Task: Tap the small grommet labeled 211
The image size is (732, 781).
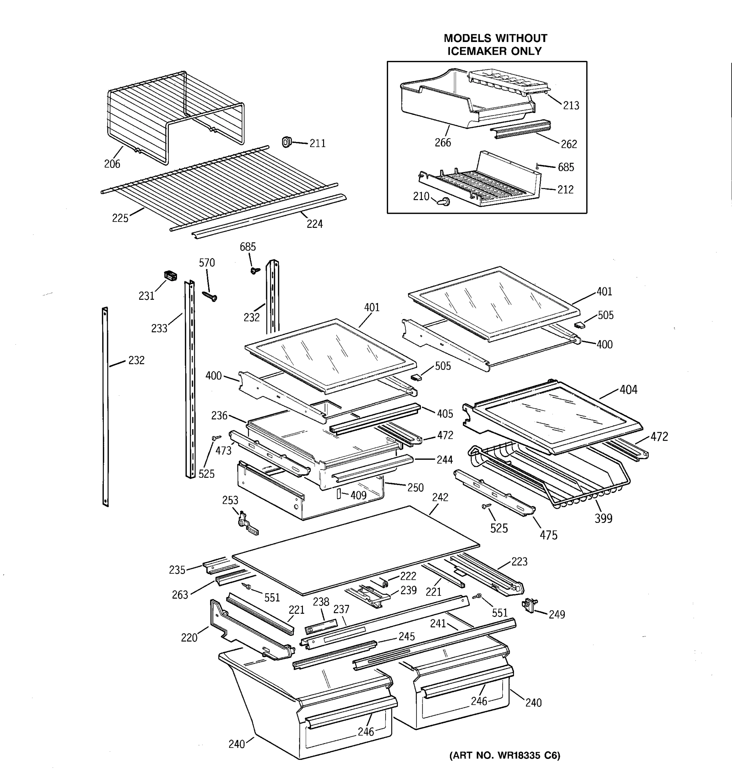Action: tap(287, 142)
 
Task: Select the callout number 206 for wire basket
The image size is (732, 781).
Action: tap(112, 164)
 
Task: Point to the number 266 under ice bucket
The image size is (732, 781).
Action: tap(442, 143)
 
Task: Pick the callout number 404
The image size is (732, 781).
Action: tap(628, 390)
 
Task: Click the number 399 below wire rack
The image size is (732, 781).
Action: tap(603, 519)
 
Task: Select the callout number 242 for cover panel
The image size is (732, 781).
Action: tap(440, 497)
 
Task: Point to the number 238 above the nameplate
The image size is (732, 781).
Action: tap(321, 601)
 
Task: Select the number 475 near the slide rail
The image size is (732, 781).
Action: tap(548, 535)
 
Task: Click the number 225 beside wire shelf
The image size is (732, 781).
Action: tap(120, 218)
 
